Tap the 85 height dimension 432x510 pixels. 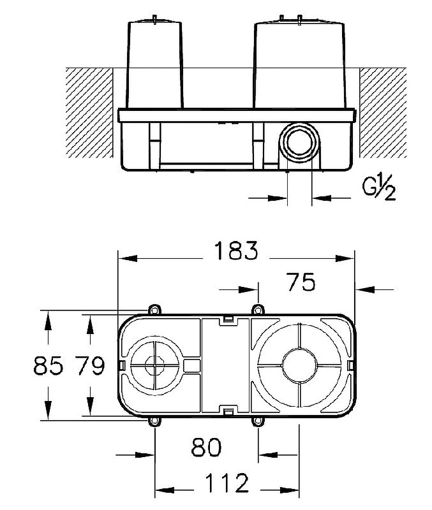[48, 367]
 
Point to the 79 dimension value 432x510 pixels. [89, 367]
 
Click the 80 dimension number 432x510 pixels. [206, 448]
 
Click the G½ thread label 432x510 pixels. [378, 189]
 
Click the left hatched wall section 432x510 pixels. [89, 112]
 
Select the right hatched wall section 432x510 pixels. [383, 112]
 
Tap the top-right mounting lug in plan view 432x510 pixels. [257, 310]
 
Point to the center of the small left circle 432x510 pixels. [154, 365]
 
